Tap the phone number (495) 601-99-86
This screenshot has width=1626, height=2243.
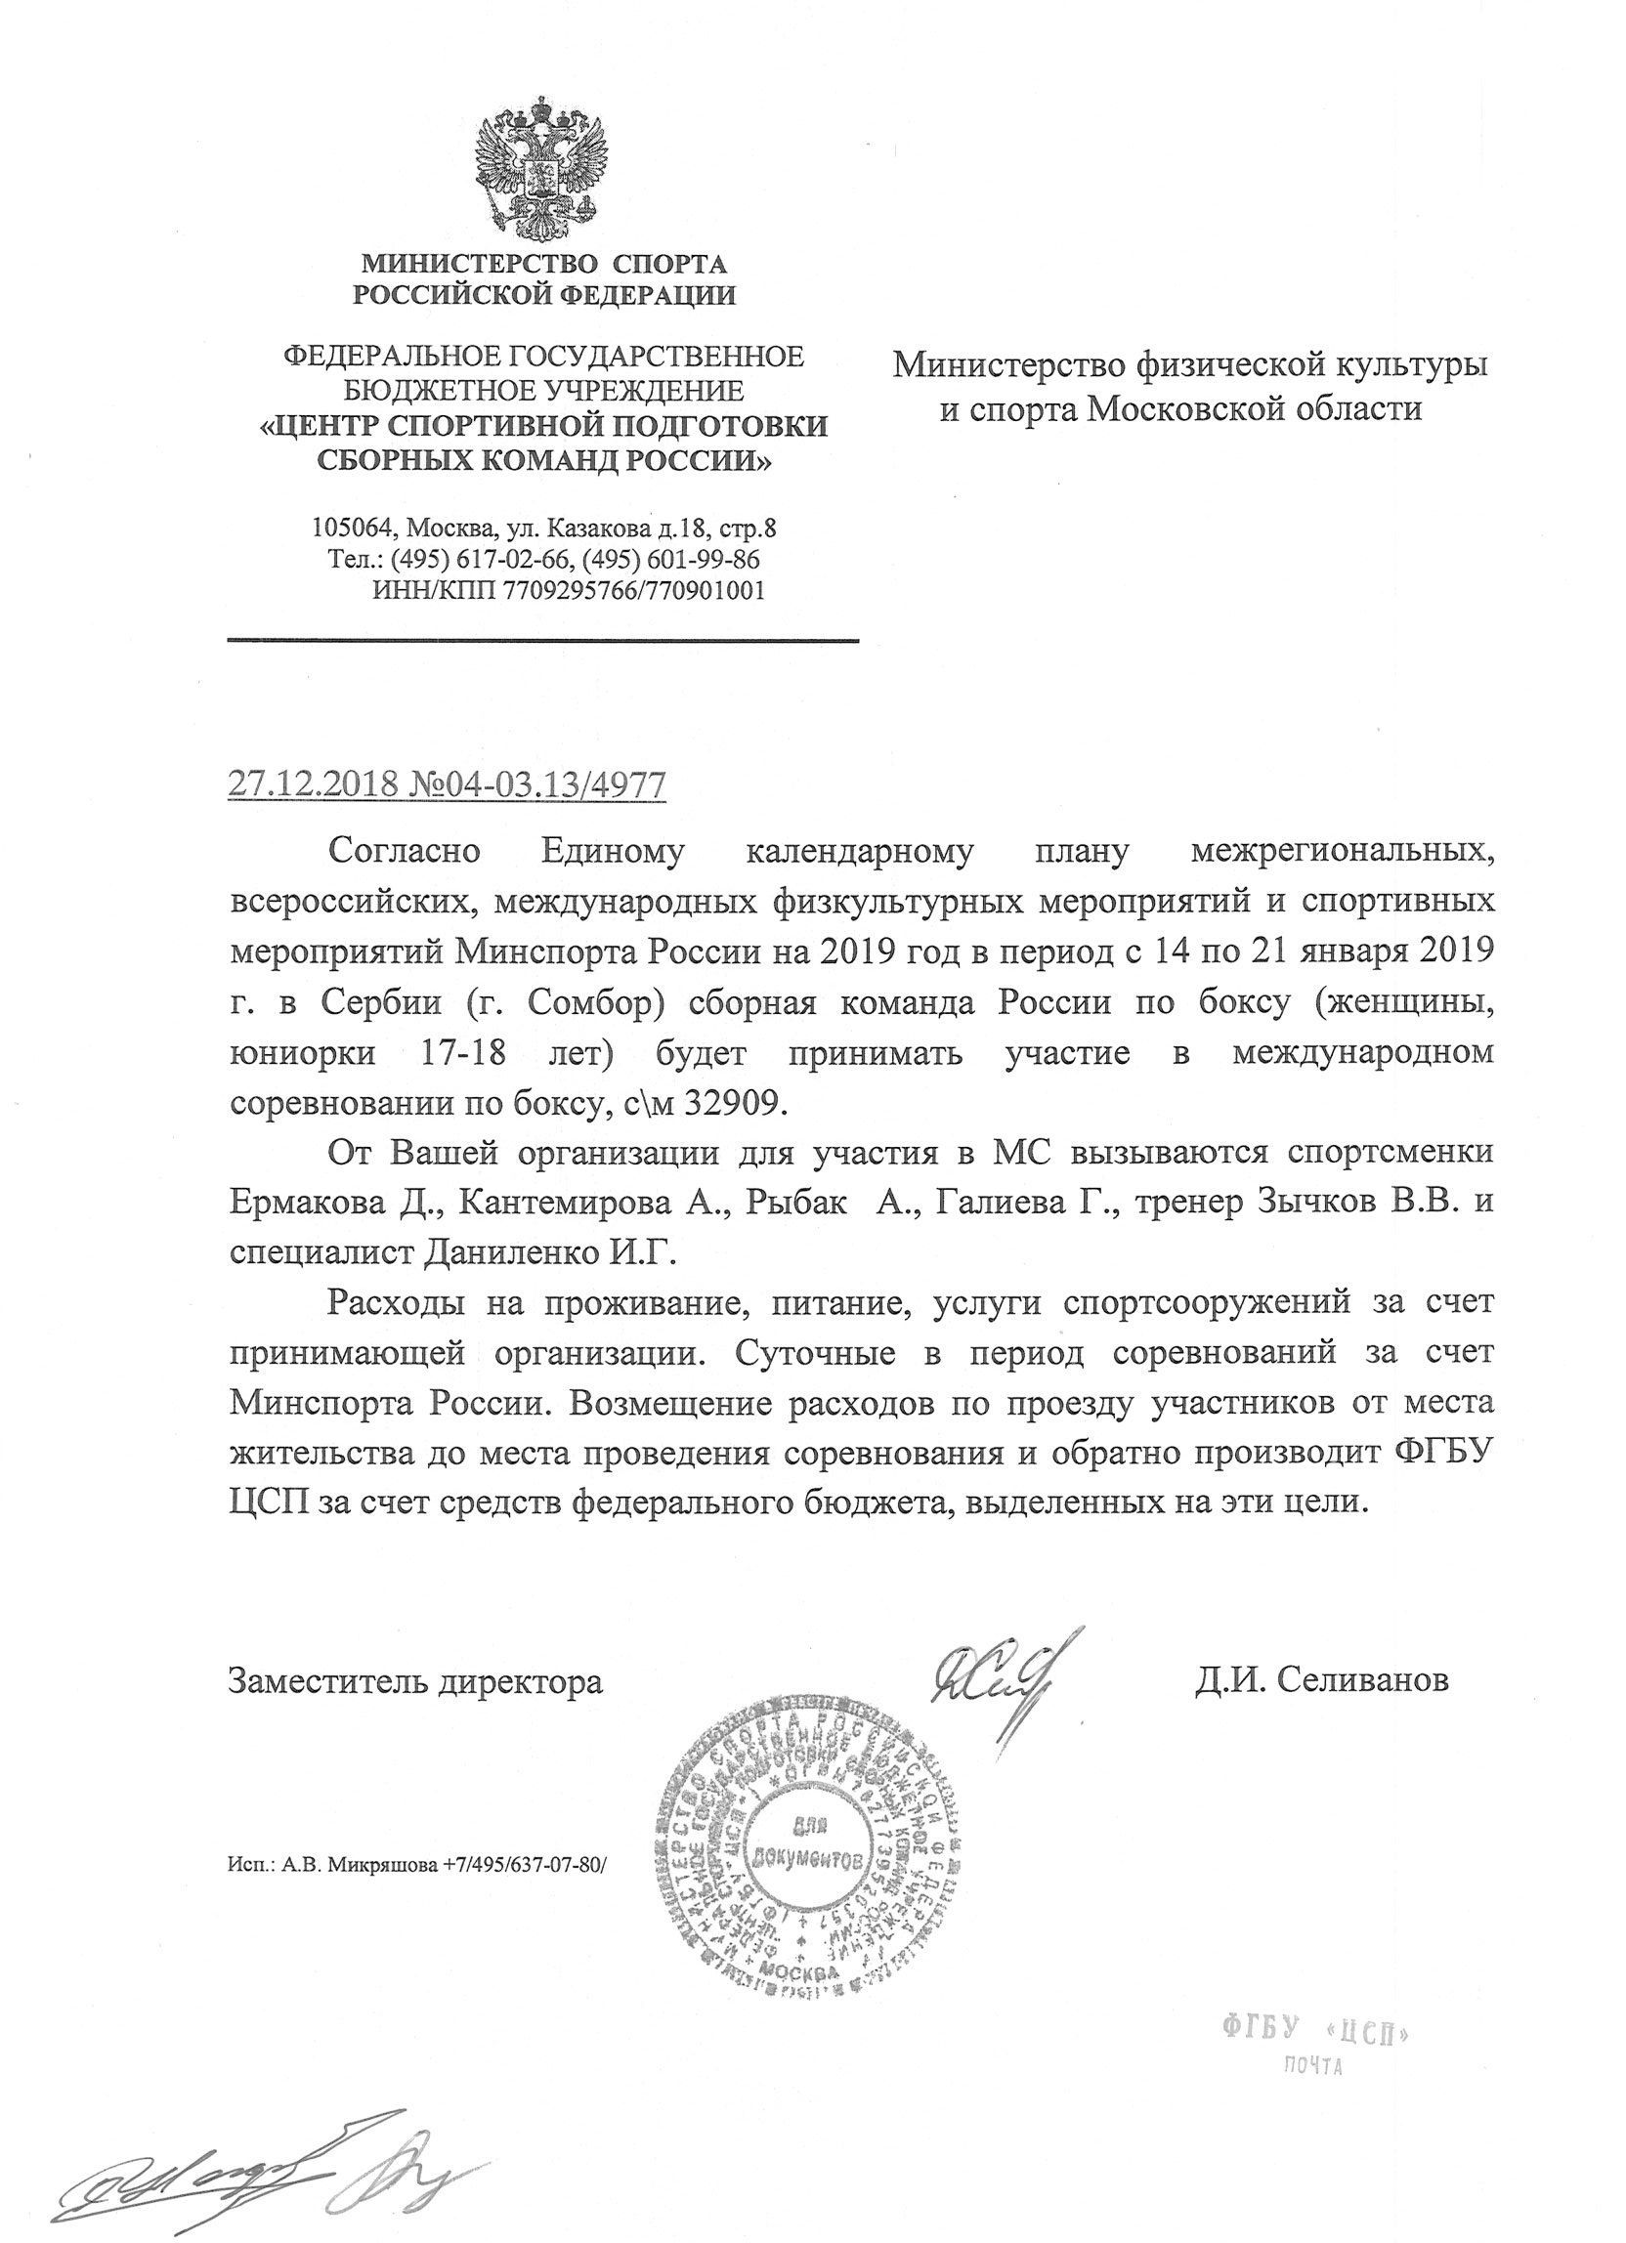671,560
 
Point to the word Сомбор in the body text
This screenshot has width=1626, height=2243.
594,1003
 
